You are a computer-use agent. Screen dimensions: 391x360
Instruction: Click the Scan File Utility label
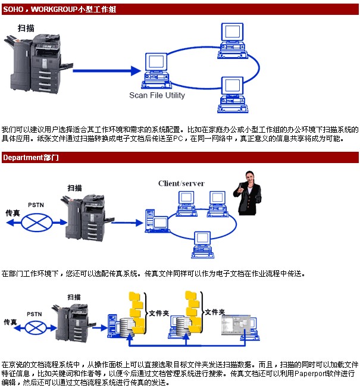157,95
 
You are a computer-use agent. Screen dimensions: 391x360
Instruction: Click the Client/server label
181,183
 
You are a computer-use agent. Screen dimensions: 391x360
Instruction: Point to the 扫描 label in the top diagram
26,29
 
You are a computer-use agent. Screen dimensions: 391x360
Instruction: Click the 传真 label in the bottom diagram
11,322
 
